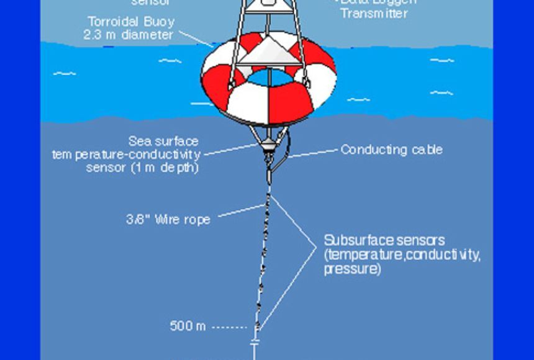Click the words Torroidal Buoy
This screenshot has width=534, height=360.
[x=131, y=22]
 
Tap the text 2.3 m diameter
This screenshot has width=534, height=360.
[x=129, y=35]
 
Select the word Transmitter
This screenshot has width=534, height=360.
[x=373, y=12]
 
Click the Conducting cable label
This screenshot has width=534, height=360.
[x=391, y=150]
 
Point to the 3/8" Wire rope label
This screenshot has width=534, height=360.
[x=168, y=219]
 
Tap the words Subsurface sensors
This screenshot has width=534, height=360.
[x=384, y=240]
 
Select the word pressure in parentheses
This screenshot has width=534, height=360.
[x=352, y=269]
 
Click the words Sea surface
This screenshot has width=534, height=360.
[x=163, y=142]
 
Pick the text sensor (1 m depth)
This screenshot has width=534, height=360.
[x=142, y=168]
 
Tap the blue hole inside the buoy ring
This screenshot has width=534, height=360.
[x=269, y=78]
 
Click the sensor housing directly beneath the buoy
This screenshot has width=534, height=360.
[x=268, y=145]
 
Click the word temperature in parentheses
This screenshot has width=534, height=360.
[x=362, y=255]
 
